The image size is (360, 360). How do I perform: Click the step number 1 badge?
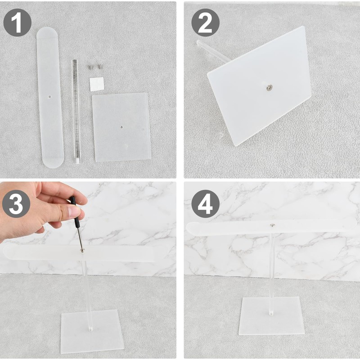click(17, 23)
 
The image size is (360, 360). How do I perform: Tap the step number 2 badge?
click(206, 23)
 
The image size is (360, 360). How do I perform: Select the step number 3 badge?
click(16, 204)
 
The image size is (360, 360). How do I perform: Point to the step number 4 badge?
click(206, 204)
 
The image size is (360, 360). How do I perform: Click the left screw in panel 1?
click(90, 67)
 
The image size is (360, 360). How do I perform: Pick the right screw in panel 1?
click(100, 67)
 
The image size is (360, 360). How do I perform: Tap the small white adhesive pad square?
click(97, 84)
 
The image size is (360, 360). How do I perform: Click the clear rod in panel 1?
click(76, 112)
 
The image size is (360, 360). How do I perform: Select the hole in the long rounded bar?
click(50, 97)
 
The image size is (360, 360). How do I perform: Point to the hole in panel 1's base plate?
click(121, 127)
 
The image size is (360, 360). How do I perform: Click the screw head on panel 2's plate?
click(269, 87)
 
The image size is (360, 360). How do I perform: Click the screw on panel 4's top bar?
click(272, 225)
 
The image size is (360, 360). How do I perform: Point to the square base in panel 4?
click(272, 316)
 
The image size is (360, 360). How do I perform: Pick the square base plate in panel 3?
click(92, 331)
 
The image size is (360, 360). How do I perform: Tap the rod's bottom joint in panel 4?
click(271, 312)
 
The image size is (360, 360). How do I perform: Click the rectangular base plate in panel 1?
click(121, 127)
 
